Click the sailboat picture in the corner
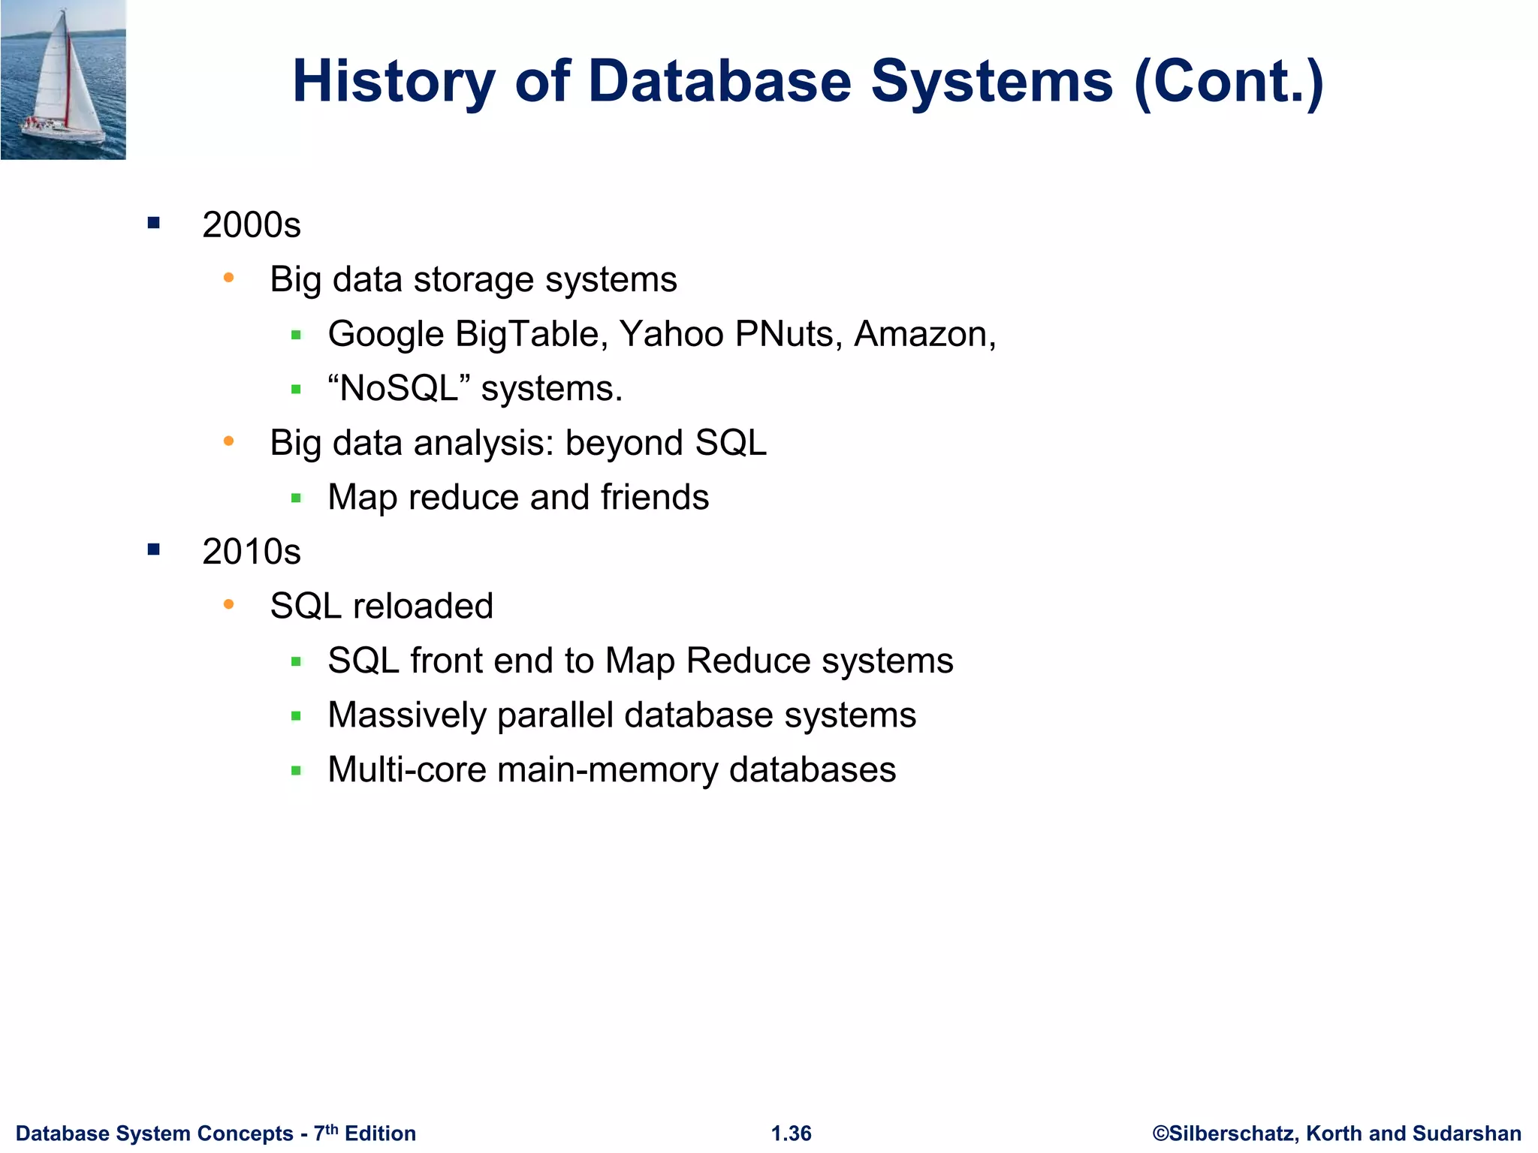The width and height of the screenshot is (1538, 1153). [x=63, y=80]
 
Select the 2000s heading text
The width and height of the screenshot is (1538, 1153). [x=252, y=225]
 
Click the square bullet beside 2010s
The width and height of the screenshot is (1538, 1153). [x=154, y=549]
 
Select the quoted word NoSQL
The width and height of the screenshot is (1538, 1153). [x=399, y=389]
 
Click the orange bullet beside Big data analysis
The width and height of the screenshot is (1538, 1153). [x=229, y=441]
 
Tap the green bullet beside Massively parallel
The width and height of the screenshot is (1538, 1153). [x=296, y=716]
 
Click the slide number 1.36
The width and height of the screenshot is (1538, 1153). [x=792, y=1133]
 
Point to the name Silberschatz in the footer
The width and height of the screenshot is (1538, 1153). [x=1233, y=1133]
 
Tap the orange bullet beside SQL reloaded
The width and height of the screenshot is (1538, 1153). [x=229, y=604]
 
